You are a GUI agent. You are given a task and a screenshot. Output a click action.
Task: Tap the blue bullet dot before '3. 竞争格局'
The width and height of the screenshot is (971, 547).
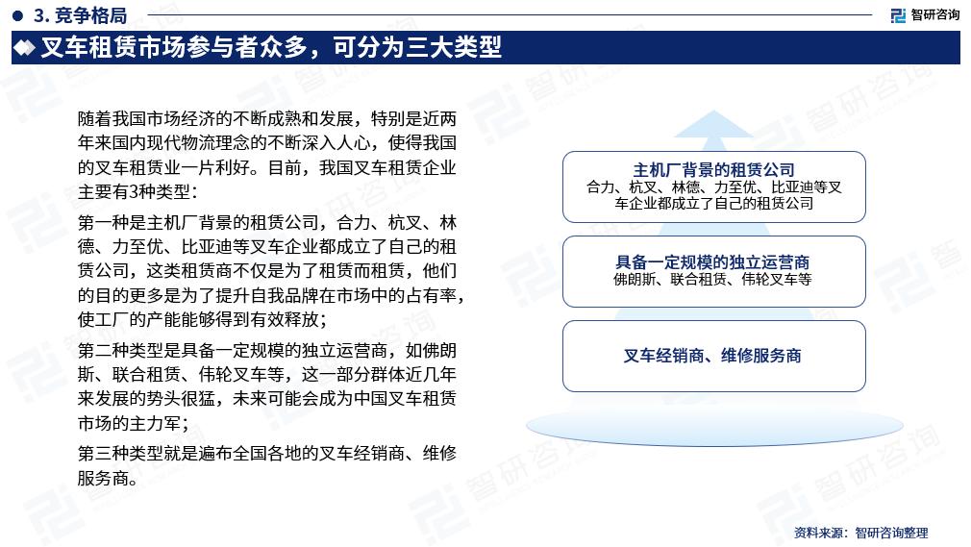[x=18, y=15]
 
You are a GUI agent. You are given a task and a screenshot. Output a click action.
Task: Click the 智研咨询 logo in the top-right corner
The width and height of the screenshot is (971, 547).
[x=924, y=14]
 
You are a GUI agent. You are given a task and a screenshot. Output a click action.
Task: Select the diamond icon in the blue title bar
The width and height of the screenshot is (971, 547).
[x=26, y=47]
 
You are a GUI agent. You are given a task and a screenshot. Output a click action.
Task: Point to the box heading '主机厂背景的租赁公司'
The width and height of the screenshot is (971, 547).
[x=713, y=170]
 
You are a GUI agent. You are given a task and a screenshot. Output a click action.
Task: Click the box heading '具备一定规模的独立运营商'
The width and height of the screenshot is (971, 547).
[x=713, y=261]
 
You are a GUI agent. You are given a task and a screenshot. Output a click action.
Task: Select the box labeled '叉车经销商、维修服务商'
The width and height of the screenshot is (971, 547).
[x=713, y=356]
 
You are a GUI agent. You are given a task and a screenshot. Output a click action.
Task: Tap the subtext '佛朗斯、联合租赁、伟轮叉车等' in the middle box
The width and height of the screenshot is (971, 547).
[x=713, y=280]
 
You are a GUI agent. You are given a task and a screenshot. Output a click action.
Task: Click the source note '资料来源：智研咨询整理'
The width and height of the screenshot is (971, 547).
[x=861, y=533]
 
